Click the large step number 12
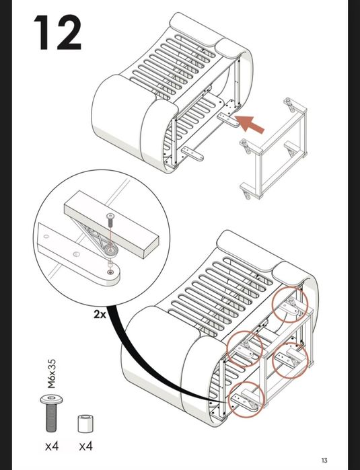[57, 33]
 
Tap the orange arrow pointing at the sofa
[249, 124]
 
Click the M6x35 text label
[52, 374]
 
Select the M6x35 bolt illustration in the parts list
[52, 413]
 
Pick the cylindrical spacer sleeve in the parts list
[85, 423]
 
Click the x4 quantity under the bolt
[52, 446]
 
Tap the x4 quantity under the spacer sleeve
[86, 446]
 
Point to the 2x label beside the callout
[100, 314]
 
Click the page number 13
[324, 460]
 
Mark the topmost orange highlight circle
[290, 304]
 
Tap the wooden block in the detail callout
[111, 224]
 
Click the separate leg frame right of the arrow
[273, 148]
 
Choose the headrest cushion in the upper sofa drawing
[195, 29]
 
